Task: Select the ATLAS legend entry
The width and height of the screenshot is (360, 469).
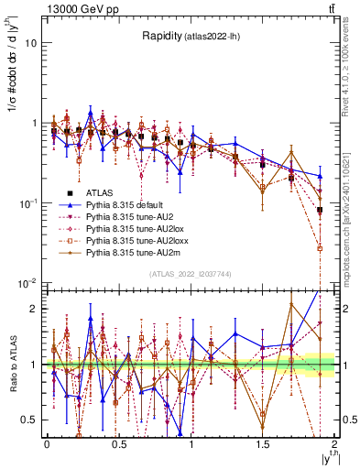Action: click(100, 193)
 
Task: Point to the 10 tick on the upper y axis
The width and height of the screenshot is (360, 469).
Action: click(31, 43)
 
